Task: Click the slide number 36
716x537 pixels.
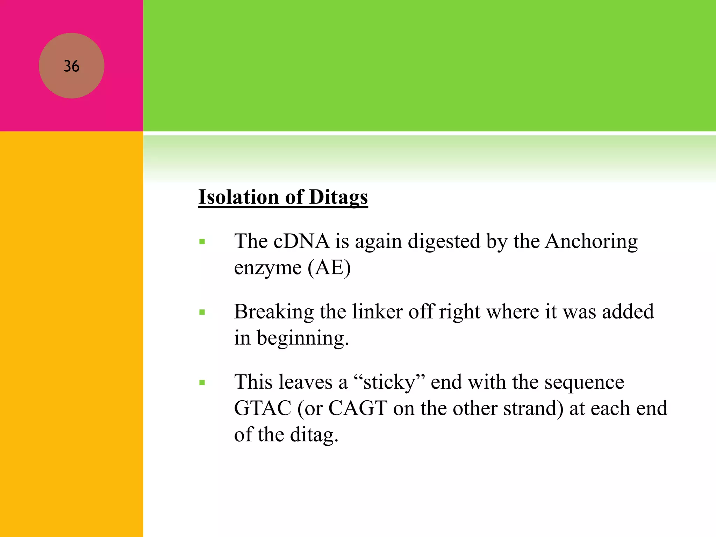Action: coord(71,66)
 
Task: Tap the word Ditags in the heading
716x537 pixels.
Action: coord(338,198)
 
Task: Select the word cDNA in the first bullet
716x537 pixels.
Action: coord(301,241)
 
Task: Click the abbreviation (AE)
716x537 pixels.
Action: coord(329,268)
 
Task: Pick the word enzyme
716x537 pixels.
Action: coord(268,268)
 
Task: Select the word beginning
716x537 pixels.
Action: coord(303,338)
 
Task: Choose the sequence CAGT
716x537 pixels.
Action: coord(358,408)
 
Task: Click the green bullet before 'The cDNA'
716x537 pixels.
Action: coord(202,242)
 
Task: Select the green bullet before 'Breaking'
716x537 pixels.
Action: coord(202,312)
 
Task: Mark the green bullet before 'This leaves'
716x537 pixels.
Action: coord(202,382)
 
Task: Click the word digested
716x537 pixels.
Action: coord(444,242)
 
